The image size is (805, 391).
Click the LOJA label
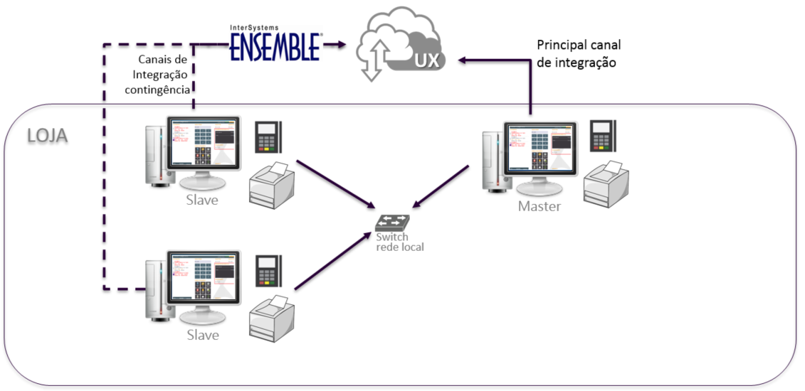47,135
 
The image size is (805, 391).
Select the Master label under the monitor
540,207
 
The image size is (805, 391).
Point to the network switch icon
392,222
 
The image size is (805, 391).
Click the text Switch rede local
399,242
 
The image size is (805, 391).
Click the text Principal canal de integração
578,54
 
